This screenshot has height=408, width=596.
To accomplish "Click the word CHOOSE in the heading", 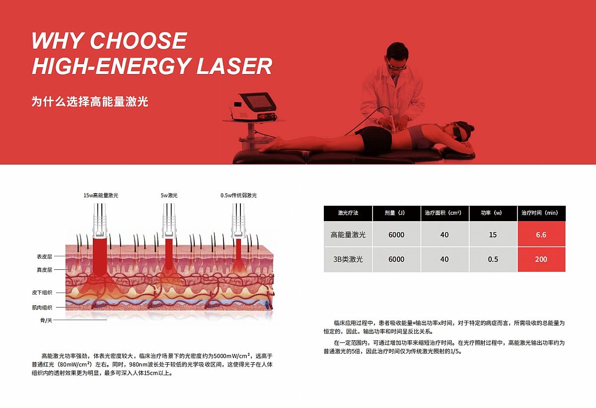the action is click(138, 40).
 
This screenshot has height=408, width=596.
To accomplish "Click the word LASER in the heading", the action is click(234, 66).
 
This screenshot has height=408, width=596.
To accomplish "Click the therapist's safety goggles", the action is click(396, 66).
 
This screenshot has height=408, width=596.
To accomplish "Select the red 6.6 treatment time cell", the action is click(541, 235).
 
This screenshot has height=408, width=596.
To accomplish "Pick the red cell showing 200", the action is click(541, 259).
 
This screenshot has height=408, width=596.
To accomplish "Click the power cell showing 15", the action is click(493, 235).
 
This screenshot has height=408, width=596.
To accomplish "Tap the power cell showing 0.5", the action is click(493, 259).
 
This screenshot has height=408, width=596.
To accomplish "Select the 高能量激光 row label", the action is click(348, 235).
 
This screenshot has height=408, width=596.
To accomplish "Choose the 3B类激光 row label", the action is click(348, 259).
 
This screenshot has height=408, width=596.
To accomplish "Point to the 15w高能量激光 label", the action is click(101, 195).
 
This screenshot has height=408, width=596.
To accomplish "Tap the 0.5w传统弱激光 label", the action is click(239, 195).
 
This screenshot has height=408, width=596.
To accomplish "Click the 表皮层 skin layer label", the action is click(44, 256).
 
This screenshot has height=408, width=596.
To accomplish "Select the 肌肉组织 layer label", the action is click(42, 308).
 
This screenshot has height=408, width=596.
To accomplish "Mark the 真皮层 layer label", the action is click(44, 270).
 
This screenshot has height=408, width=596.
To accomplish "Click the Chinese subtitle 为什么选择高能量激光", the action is click(90, 101).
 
